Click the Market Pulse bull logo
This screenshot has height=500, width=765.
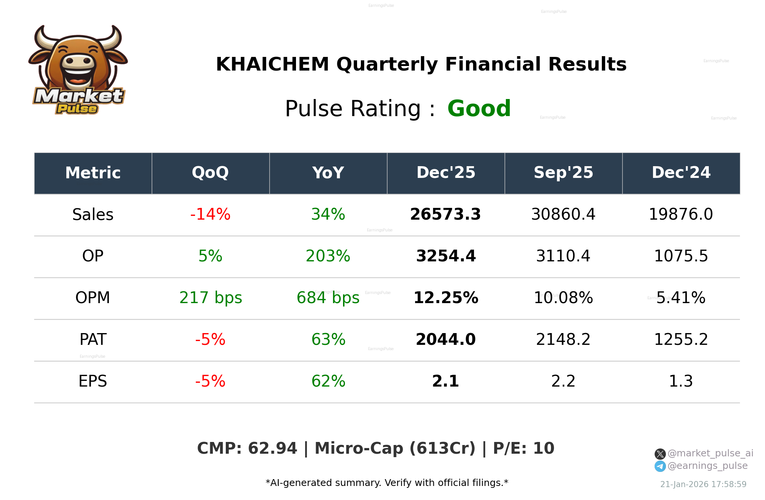78,70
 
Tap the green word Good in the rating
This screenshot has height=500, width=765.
479,109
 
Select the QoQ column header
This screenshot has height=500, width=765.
210,173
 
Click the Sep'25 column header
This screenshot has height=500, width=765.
563,173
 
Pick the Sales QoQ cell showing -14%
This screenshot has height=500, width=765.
210,215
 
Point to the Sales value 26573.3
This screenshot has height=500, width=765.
445,215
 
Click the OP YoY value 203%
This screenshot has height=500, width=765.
328,256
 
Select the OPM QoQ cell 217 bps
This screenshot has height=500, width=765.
211,298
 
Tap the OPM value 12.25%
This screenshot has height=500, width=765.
445,298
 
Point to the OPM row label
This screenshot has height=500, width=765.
93,298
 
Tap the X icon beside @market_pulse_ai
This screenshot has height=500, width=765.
660,454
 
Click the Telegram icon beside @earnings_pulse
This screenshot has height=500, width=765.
660,466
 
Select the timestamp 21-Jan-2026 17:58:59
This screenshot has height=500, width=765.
703,484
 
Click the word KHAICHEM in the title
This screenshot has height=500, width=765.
272,64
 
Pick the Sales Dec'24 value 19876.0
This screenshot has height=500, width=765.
681,215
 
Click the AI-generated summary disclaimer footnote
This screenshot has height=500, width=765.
387,483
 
